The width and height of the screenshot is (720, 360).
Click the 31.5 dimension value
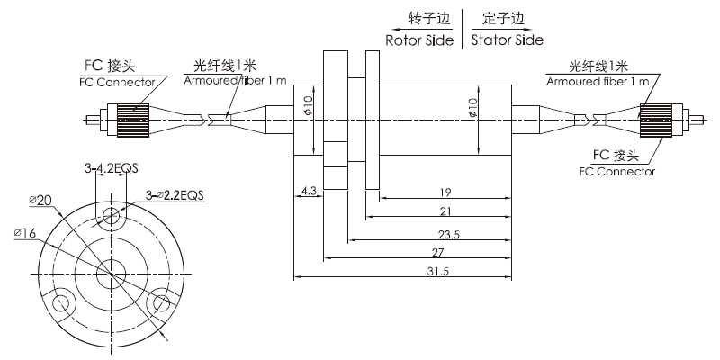(436, 272)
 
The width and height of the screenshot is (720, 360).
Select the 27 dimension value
(436, 252)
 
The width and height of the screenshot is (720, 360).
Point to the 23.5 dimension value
(448, 234)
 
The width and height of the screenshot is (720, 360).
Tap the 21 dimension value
(445, 211)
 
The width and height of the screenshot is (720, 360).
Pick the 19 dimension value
(445, 192)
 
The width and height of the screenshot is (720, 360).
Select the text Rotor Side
(419, 40)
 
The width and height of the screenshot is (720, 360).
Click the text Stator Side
(508, 40)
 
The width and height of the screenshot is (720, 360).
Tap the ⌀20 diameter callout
(40, 200)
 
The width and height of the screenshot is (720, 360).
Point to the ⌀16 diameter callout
(25, 234)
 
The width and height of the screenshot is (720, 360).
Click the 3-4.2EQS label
(111, 169)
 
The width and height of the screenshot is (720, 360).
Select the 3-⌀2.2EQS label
(175, 194)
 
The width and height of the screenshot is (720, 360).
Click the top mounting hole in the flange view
(111, 214)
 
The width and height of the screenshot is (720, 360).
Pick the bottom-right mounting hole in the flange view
(161, 302)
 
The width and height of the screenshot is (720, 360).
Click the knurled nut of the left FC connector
(133, 120)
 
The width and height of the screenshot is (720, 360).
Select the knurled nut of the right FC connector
(656, 120)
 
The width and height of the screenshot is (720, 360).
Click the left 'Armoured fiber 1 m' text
(235, 81)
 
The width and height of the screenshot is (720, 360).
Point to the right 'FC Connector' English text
(617, 172)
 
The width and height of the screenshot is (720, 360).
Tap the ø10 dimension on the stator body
(473, 107)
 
